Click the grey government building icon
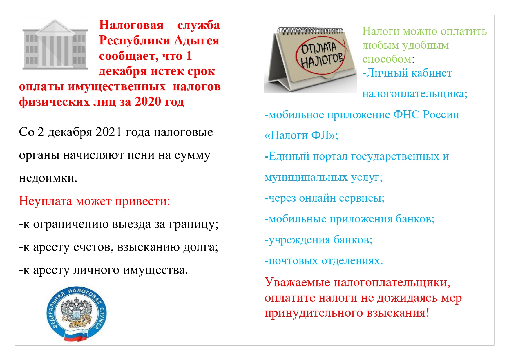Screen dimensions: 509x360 point(55,45)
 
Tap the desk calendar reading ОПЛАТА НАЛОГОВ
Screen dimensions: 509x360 point(310,59)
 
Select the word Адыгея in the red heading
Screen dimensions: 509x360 point(197,40)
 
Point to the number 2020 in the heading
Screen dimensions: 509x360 point(148,101)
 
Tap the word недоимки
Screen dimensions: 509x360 point(48,178)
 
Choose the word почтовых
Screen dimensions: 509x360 point(293,260)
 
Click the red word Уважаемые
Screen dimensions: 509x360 point(297,282)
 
